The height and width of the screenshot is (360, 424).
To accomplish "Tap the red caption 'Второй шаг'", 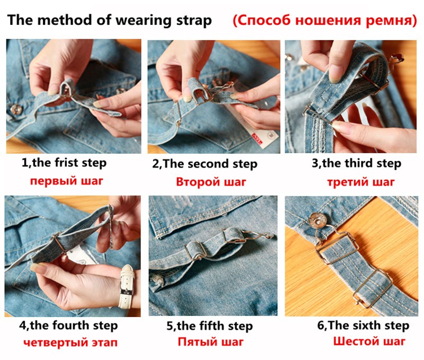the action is [211, 182].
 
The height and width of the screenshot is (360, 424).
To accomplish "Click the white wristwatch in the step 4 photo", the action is [127, 287].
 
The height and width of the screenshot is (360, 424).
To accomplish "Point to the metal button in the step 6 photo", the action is [319, 221].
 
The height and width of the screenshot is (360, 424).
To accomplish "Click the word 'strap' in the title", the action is [194, 21].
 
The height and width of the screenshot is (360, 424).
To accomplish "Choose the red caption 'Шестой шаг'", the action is [369, 341].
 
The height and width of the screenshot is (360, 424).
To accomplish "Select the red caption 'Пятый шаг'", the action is [210, 342].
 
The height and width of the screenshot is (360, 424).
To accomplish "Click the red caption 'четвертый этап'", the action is [70, 343].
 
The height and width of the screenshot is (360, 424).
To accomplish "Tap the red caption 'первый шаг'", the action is [67, 181].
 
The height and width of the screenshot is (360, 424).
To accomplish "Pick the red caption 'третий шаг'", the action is [361, 182].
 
